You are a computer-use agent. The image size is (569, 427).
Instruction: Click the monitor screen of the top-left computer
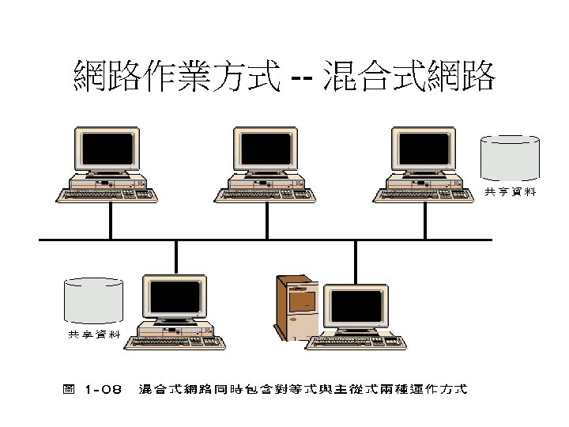coord(107,149)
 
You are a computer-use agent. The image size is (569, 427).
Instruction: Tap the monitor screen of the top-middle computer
coord(266,149)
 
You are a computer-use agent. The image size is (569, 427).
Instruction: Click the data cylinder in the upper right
coord(511,158)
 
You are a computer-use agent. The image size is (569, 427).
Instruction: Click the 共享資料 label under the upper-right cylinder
coord(510,192)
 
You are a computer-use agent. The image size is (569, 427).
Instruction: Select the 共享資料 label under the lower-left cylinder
coord(93,335)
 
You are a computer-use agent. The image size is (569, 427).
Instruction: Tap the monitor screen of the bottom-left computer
coord(174,297)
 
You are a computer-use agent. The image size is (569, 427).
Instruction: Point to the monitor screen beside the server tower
coord(357,308)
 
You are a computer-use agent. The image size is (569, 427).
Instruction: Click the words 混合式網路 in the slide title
coord(409,77)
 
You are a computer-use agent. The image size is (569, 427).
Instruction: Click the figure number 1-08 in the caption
coord(103,389)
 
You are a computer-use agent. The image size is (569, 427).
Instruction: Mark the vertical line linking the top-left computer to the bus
coord(111,221)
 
